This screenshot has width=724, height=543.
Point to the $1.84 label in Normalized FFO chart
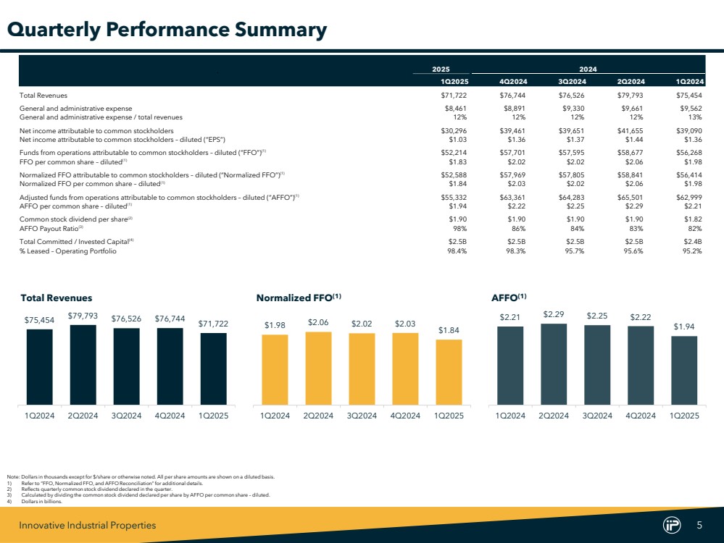coord(449,330)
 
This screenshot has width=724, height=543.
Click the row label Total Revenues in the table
coord(45,95)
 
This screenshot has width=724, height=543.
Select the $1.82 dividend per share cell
coord(692,219)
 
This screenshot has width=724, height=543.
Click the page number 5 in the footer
coord(699,526)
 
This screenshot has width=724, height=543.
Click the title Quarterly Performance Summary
coord(167,30)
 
